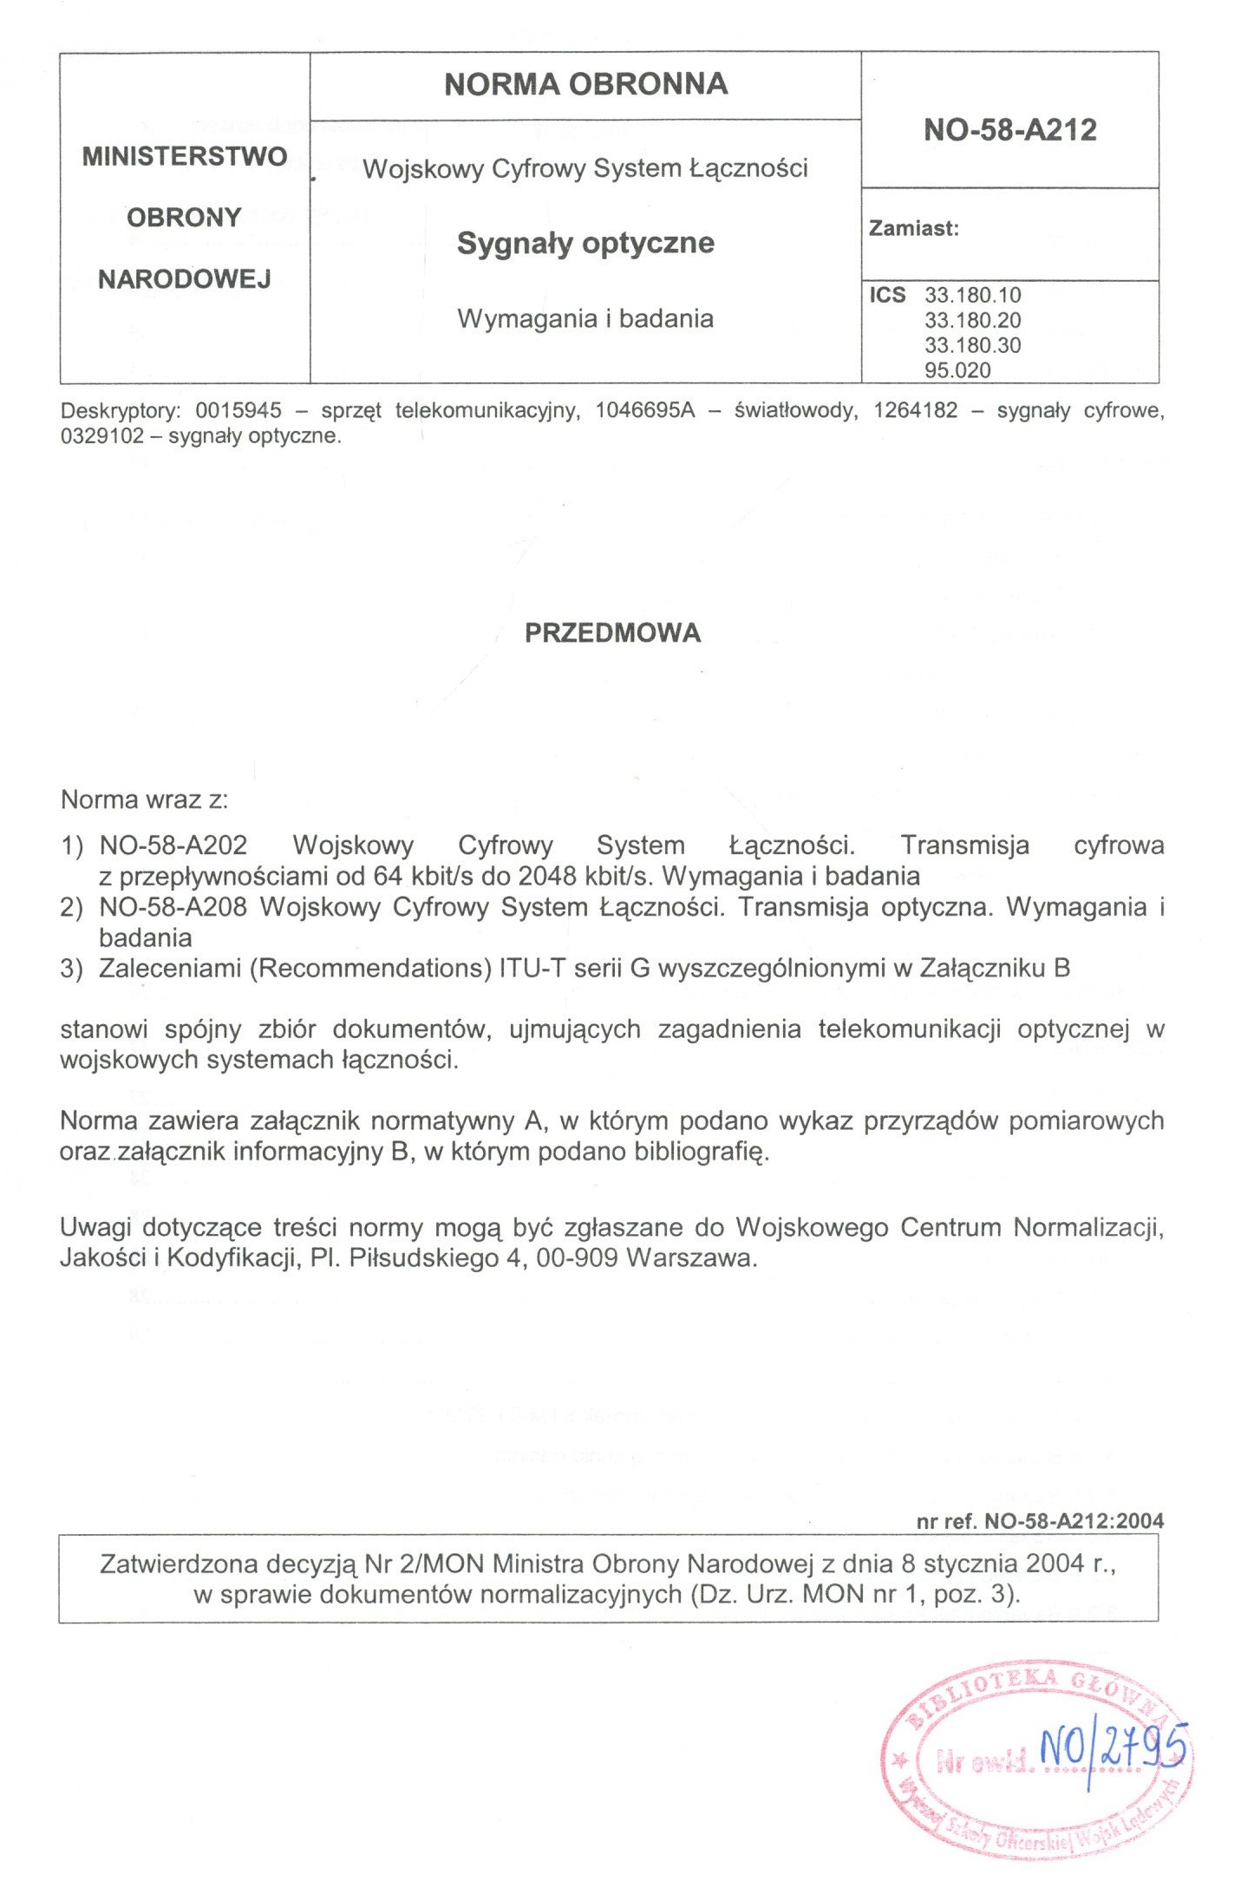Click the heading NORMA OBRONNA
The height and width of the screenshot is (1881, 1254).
click(585, 84)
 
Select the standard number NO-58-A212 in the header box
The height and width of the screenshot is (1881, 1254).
click(1010, 130)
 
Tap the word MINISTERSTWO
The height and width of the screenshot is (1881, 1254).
click(185, 156)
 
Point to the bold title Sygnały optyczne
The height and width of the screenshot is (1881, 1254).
click(585, 243)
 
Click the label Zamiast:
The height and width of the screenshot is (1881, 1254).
click(914, 229)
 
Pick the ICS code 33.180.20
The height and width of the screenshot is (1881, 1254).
click(972, 320)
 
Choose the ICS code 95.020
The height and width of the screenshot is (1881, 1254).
click(957, 370)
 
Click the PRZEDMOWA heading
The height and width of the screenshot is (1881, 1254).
click(612, 633)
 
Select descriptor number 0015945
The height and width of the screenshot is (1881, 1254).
click(238, 410)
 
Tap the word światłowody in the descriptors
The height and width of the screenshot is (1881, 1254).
click(796, 410)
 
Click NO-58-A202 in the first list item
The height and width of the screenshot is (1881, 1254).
click(173, 845)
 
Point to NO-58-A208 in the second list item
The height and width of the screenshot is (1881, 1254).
click(173, 907)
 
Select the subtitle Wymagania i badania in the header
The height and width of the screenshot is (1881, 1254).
click(585, 318)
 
